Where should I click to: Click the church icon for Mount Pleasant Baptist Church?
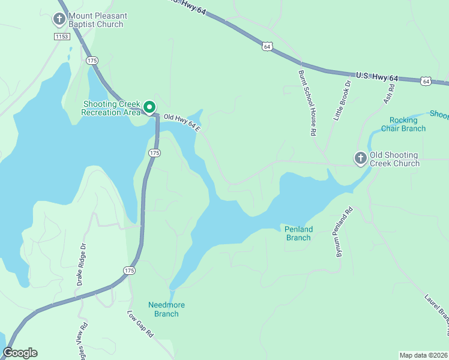(59, 20)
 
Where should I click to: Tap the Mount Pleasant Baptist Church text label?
(96, 20)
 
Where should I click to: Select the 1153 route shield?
(61, 37)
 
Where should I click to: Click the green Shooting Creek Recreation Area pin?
(149, 108)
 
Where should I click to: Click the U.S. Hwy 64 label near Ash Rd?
(377, 77)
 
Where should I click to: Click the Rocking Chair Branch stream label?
(407, 124)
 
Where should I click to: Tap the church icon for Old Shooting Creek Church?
(360, 158)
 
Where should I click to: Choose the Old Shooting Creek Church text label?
(394, 159)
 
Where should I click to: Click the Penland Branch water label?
(298, 233)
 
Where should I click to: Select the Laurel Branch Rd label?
(436, 312)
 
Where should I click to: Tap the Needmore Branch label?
(166, 309)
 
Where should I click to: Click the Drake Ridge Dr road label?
(83, 264)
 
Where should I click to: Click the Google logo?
(20, 353)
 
